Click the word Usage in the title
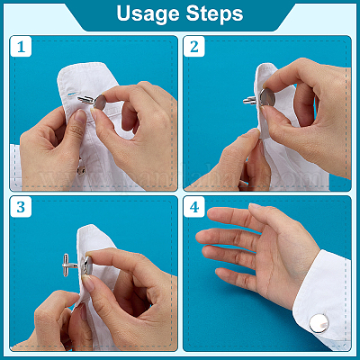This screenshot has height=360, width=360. [x=148, y=13]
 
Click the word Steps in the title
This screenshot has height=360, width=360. [x=214, y=13]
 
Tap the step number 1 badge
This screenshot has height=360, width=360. [x=21, y=47]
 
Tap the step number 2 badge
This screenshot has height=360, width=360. [x=194, y=47]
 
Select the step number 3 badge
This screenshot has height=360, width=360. [x=21, y=207]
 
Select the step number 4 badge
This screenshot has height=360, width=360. [x=194, y=207]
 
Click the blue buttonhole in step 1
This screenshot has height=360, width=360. [x=71, y=94]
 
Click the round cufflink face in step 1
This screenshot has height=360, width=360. [x=101, y=102]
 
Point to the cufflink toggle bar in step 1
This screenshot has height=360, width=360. [x=86, y=99]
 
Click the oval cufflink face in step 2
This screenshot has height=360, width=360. [x=267, y=97]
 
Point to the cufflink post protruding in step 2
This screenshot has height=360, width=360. [x=250, y=100]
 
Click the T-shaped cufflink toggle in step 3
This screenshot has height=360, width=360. [x=69, y=265]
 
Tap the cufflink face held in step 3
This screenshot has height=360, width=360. [x=87, y=265]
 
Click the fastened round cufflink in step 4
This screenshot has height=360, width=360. [x=319, y=323]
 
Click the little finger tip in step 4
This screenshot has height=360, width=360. [x=219, y=272]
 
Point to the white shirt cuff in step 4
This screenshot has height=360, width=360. [x=322, y=300]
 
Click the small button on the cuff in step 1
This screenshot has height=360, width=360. [x=81, y=170]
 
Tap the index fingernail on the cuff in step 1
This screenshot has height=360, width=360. [x=80, y=116]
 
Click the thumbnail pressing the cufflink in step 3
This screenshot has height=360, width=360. [x=88, y=283]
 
